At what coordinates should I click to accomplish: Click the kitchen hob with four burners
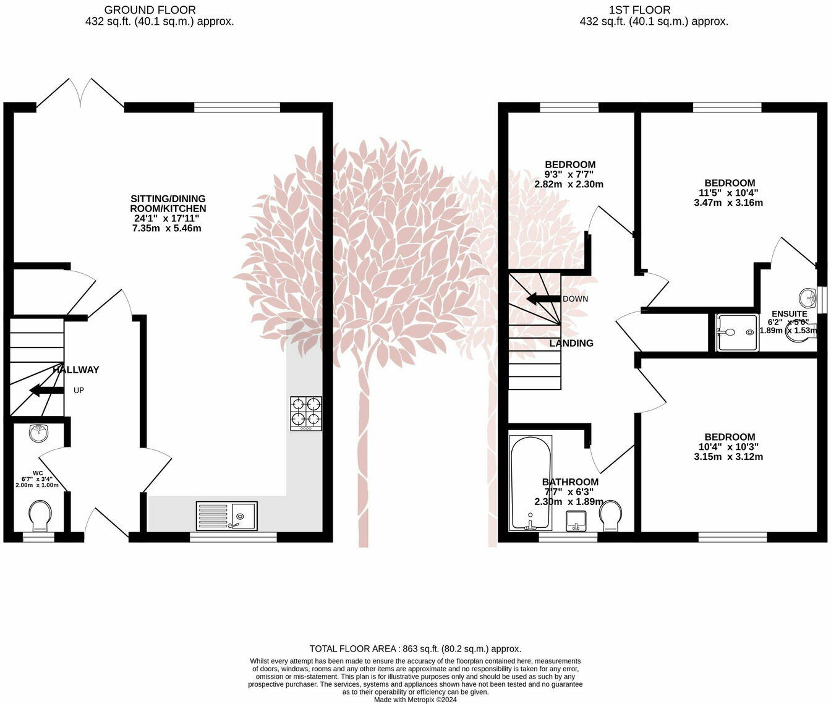(306, 414)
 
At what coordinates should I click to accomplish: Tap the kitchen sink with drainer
(227, 515)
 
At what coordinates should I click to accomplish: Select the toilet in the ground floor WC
(41, 515)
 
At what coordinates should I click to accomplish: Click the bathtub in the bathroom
(531, 483)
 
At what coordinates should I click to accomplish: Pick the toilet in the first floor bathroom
(610, 515)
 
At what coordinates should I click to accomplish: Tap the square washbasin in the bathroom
(576, 521)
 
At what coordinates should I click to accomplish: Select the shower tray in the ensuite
(738, 333)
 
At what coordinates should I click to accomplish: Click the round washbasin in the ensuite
(808, 298)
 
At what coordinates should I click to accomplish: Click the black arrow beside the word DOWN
(543, 299)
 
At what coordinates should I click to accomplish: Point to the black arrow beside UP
(46, 390)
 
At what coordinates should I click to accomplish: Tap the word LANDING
(571, 343)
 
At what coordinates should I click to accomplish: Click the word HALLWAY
(76, 370)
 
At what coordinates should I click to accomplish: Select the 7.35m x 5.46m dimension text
(166, 228)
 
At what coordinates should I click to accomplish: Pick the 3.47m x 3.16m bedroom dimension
(728, 203)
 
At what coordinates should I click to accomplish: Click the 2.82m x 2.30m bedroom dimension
(569, 184)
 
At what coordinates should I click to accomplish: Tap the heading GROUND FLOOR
(150, 10)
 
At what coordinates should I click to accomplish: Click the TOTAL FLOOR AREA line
(415, 648)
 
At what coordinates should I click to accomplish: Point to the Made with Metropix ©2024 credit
(415, 700)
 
